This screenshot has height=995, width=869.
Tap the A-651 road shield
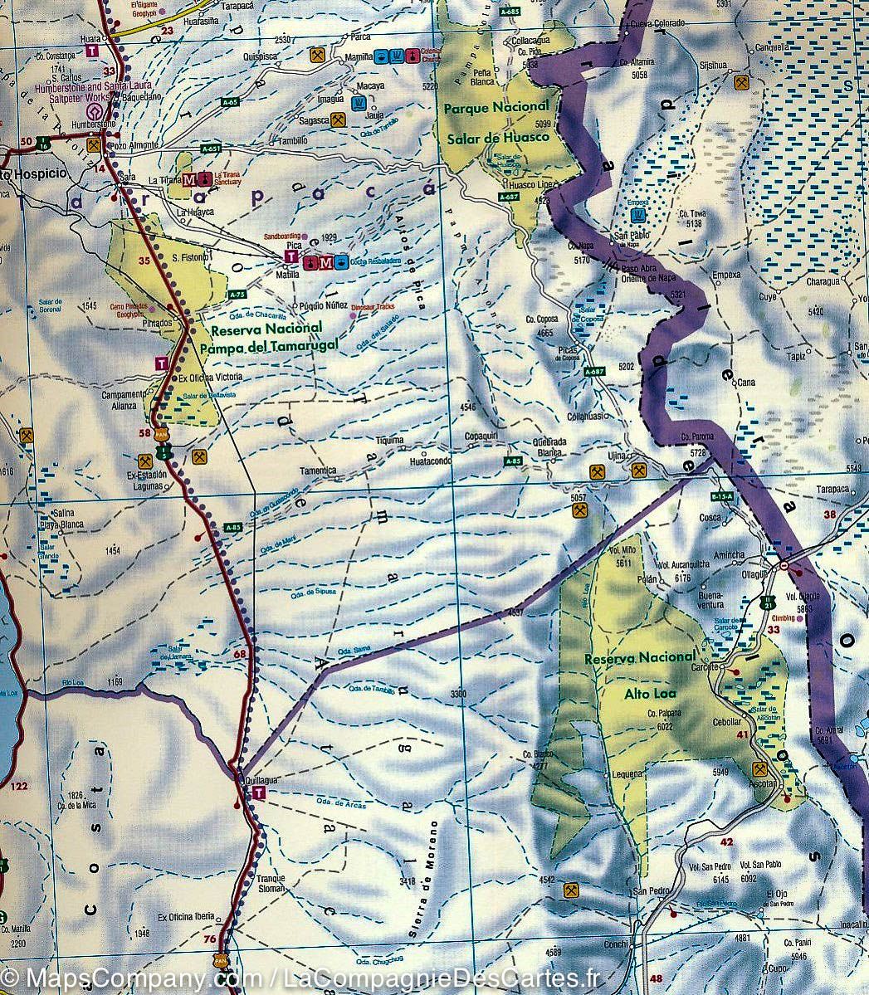pos(212,149)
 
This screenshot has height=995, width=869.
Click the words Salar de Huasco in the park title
pos(498,137)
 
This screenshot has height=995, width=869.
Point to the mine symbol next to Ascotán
pos(758,768)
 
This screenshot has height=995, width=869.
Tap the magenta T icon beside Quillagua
pos(259,794)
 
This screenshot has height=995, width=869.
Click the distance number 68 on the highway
pos(241,655)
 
